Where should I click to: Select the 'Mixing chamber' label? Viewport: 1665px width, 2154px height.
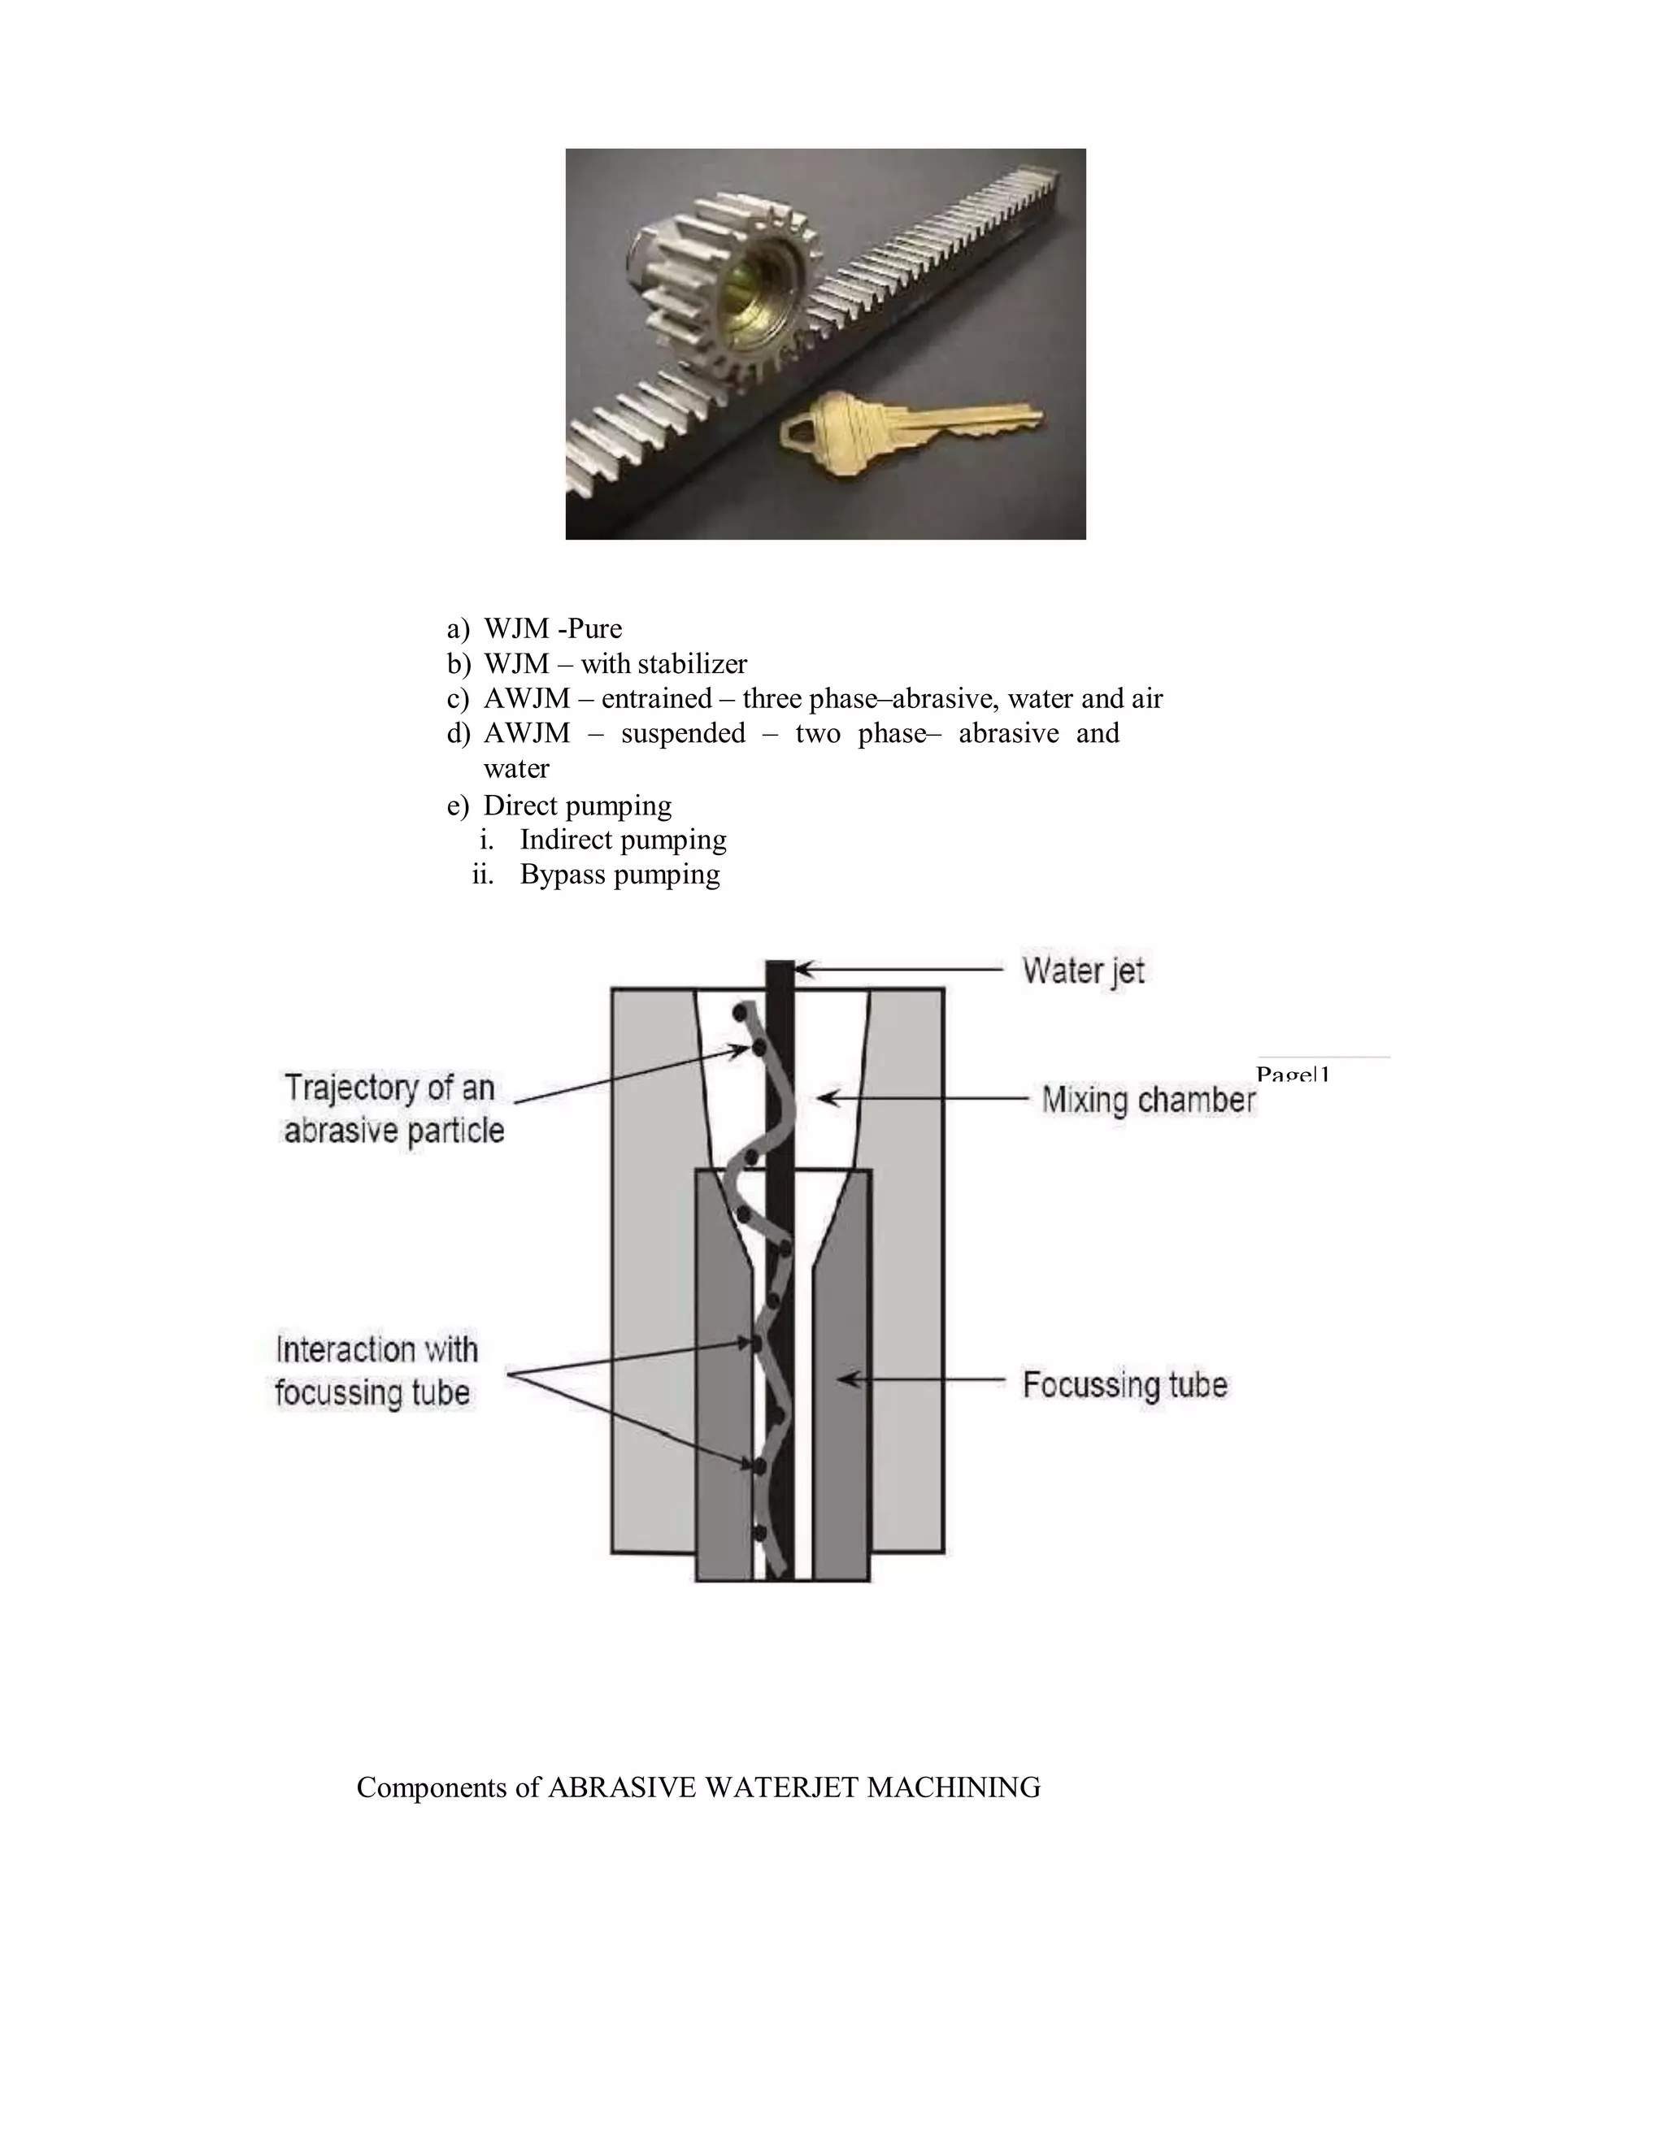pyautogui.click(x=1148, y=1099)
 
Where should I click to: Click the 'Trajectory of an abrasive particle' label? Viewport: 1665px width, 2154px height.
pyautogui.click(x=393, y=1109)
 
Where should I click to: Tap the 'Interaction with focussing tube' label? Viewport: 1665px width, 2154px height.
pyautogui.click(x=375, y=1371)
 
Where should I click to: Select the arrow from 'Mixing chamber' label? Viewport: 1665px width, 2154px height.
pyautogui.click(x=927, y=1097)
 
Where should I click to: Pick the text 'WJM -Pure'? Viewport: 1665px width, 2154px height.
pyautogui.click(x=552, y=628)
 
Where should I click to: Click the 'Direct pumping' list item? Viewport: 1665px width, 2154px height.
pyautogui.click(x=577, y=806)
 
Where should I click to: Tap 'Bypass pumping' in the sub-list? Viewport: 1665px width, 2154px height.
pyautogui.click(x=619, y=875)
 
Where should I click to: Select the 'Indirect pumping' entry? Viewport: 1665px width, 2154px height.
pyautogui.click(x=623, y=840)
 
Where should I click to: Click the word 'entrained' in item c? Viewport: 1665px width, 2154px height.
pyautogui.click(x=656, y=698)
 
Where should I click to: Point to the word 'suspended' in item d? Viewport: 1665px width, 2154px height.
pyautogui.click(x=683, y=733)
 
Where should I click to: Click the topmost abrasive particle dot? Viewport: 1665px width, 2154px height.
pyautogui.click(x=738, y=1013)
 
